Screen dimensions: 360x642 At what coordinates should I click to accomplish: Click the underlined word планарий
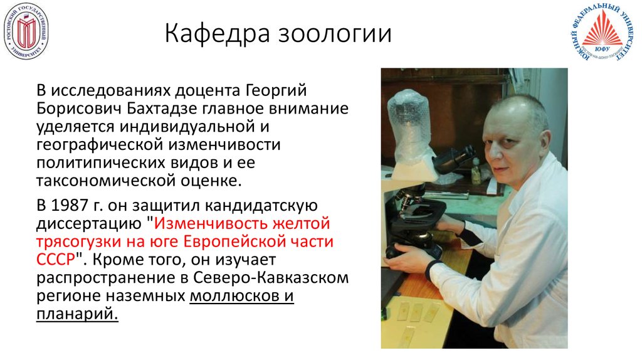(x=76, y=314)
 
